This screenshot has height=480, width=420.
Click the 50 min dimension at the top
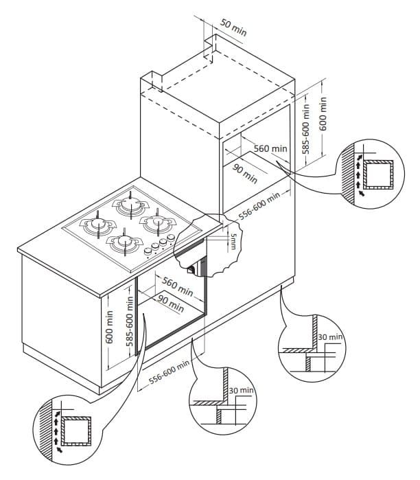click(233, 27)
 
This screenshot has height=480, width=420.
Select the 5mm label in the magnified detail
click(233, 241)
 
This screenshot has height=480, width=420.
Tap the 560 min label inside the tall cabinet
click(270, 148)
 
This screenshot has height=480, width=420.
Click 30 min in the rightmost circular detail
click(331, 337)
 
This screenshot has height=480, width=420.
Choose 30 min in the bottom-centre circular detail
click(241, 391)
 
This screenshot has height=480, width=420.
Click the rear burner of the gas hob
click(130, 205)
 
